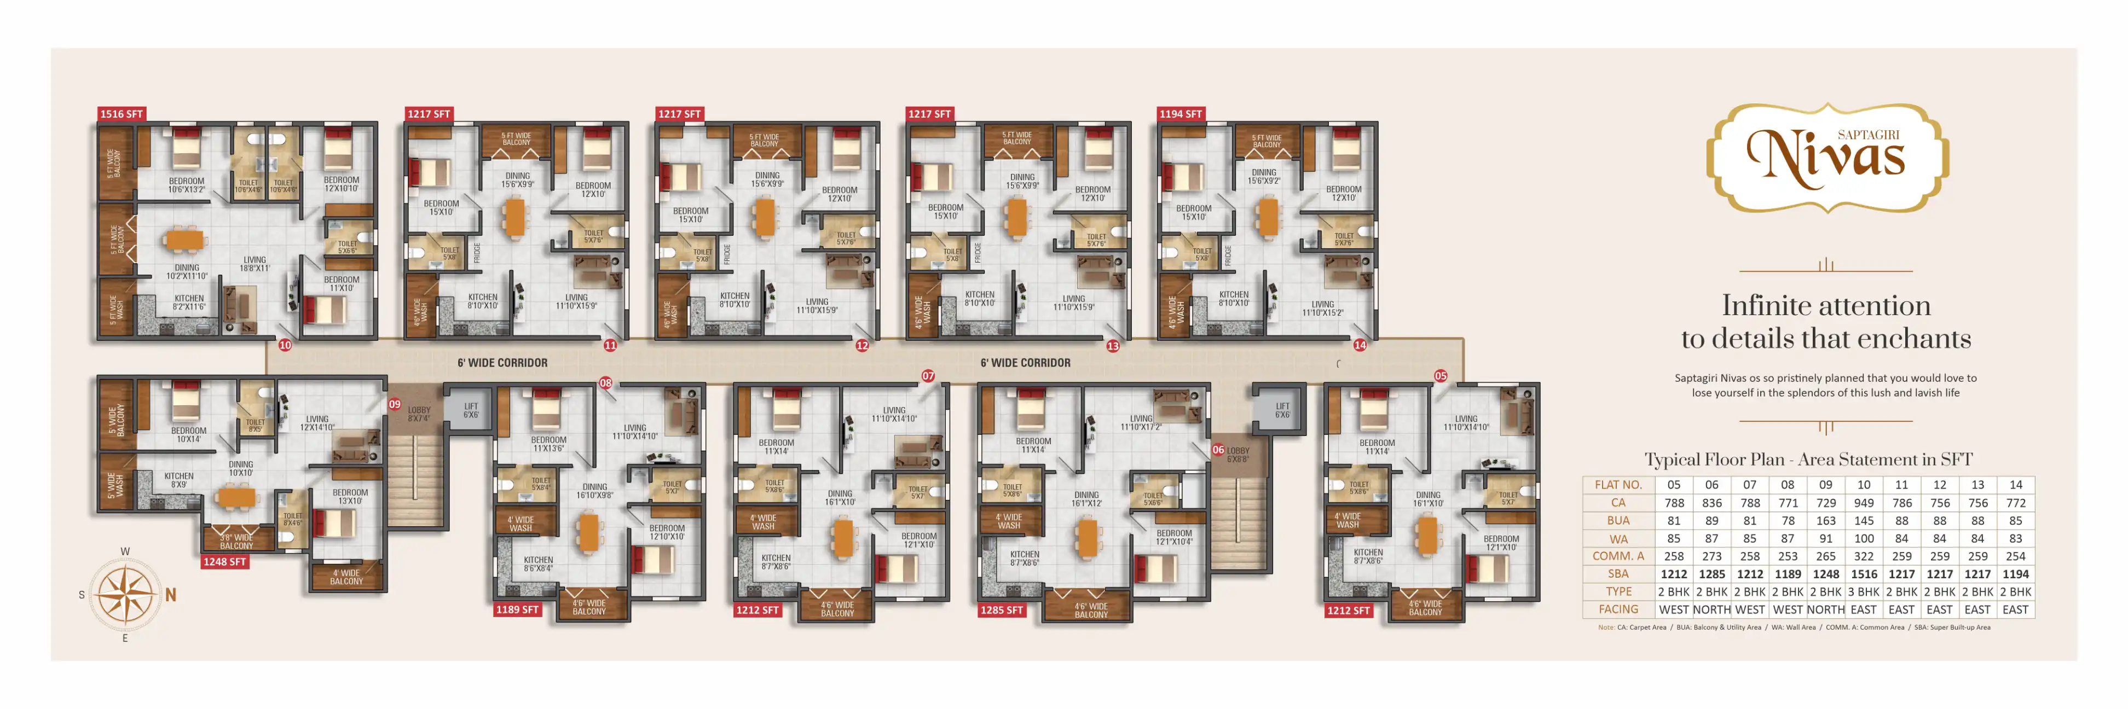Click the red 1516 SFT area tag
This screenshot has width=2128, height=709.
point(122,114)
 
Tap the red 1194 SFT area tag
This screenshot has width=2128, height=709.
point(1181,114)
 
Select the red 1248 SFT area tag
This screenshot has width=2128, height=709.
point(225,562)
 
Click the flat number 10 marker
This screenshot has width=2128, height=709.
point(285,345)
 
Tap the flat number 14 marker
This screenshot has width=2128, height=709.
point(1360,345)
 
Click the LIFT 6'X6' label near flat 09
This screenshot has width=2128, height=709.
point(471,410)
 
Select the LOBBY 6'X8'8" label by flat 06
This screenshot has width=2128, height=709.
point(1238,455)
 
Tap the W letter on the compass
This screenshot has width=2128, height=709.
point(125,551)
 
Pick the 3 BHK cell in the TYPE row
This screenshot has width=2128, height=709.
point(1864,592)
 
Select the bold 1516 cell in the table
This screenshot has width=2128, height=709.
point(1864,574)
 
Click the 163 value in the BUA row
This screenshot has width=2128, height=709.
point(1826,521)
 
